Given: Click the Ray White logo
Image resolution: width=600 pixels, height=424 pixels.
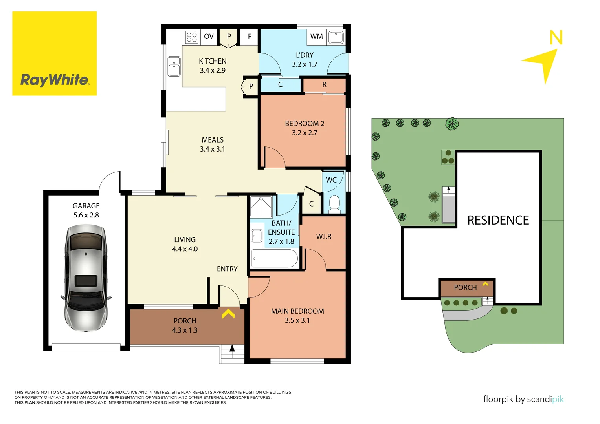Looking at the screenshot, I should click(54, 53).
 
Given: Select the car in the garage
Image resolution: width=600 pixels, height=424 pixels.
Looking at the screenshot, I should click(86, 278).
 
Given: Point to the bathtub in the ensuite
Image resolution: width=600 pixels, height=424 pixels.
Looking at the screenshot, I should click(275, 259).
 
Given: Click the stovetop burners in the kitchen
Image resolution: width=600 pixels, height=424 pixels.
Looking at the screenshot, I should click(192, 37).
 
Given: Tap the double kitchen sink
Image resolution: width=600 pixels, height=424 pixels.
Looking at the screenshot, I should click(174, 66).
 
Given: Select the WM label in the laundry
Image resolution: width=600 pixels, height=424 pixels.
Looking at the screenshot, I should click(316, 37).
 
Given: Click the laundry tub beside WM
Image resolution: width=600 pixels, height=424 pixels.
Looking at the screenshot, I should click(336, 37).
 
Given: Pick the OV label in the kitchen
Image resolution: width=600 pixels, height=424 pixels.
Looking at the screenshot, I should click(209, 37).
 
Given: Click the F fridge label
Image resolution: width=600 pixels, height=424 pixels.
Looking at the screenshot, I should click(250, 37).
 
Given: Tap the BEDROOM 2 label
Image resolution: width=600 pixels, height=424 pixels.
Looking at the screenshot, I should click(305, 124).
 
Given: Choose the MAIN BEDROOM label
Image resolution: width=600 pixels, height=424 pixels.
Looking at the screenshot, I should click(297, 311).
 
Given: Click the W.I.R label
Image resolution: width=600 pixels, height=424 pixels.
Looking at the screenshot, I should click(324, 237).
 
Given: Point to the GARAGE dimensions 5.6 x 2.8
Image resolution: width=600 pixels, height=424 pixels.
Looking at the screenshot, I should click(86, 215).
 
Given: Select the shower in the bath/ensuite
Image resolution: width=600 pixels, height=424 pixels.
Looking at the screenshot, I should click(261, 207).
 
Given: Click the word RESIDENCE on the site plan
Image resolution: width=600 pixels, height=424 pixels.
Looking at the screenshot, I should click(498, 220).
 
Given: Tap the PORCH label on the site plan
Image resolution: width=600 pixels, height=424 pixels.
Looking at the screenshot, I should click(465, 288).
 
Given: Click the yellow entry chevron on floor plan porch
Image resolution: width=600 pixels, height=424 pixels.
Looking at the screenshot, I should click(228, 313).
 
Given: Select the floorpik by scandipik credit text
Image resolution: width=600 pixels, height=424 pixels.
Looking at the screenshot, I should click(523, 399).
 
